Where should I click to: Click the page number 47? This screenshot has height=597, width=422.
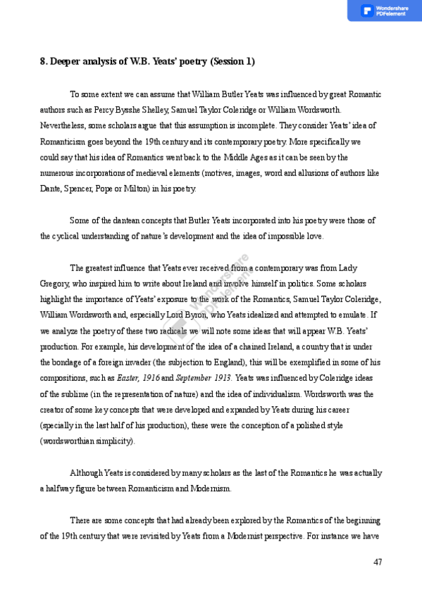(x=378, y=562)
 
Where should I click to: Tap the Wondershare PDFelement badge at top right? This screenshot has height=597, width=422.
(x=385, y=11)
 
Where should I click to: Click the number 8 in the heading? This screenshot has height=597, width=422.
(x=42, y=62)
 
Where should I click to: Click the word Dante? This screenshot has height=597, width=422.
(x=51, y=189)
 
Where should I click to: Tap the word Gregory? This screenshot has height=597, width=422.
(x=54, y=284)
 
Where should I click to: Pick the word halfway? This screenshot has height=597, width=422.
(x=58, y=488)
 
